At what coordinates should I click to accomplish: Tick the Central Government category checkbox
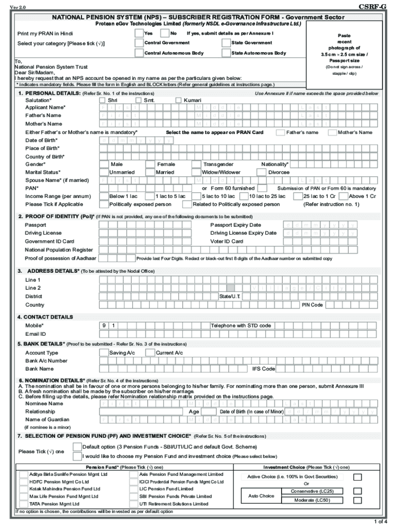click(x=139, y=43)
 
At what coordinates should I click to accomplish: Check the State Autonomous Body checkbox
click(x=226, y=53)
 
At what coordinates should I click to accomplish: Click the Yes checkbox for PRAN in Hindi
click(x=139, y=33)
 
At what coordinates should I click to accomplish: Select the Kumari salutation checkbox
click(x=179, y=100)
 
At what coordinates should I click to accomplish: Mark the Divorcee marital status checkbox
click(x=262, y=172)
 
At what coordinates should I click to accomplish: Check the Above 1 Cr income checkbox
click(x=343, y=196)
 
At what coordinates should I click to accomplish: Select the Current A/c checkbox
click(x=150, y=353)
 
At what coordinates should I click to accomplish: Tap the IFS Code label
click(x=263, y=369)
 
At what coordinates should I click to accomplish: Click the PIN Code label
click(x=312, y=305)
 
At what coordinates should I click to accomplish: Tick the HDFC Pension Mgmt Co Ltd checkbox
click(x=24, y=482)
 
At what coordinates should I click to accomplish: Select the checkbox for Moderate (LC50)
click(x=357, y=500)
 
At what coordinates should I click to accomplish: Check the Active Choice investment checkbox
click(x=357, y=477)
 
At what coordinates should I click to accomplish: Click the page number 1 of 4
click(x=382, y=521)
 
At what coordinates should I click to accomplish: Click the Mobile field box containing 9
click(x=104, y=326)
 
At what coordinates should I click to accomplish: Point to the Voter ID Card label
click(x=227, y=241)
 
